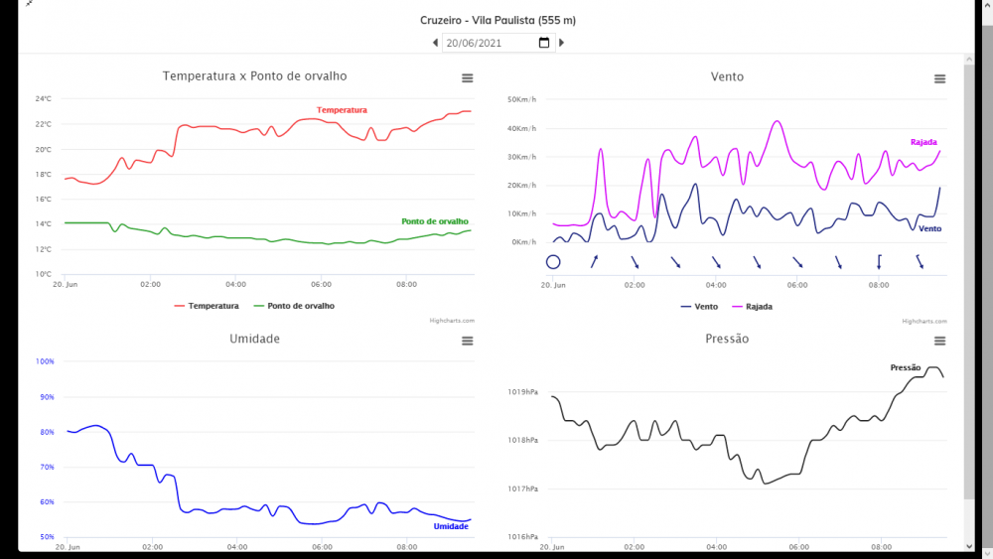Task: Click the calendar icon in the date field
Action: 544,43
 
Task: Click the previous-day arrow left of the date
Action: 435,43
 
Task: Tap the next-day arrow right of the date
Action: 561,43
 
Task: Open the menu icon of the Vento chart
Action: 939,79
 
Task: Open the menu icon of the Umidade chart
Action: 467,342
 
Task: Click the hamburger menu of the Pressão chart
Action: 939,342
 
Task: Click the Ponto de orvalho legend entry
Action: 301,306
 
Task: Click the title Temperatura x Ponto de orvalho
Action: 255,76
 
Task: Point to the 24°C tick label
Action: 44,99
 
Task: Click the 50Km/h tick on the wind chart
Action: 521,99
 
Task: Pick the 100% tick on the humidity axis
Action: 45,361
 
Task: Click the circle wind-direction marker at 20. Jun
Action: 553,262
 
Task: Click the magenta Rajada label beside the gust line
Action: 923,142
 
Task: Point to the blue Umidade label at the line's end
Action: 451,526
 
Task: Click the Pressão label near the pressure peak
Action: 906,367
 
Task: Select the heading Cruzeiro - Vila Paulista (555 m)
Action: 497,20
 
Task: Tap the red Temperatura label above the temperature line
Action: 342,110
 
